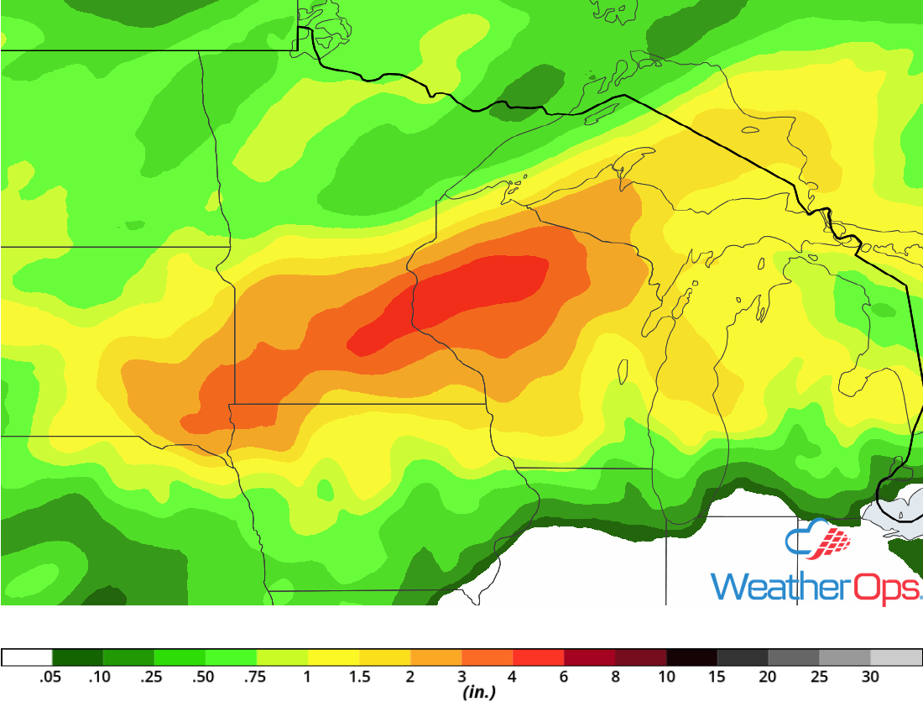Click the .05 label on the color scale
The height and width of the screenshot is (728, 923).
pos(52,677)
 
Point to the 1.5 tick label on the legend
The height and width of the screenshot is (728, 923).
pos(360,677)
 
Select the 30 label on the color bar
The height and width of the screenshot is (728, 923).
pos(870,677)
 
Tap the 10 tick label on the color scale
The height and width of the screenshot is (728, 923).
pos(666,677)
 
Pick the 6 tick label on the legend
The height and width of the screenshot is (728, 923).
pos(565,677)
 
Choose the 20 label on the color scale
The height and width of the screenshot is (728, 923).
pos(768,677)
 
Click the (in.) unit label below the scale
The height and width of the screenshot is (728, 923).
pos(478,693)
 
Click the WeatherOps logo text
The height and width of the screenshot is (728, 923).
pos(815,585)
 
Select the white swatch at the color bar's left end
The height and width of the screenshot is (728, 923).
pos(27,657)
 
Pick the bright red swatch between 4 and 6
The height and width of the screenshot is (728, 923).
pos(539,657)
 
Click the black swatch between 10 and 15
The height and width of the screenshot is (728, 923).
pos(692,657)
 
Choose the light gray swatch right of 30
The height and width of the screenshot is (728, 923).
pos(896,657)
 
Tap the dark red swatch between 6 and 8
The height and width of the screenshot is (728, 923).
pos(590,657)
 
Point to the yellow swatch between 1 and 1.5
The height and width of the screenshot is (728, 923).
pos(334,657)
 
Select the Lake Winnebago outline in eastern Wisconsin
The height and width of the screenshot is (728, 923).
pos(623,371)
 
